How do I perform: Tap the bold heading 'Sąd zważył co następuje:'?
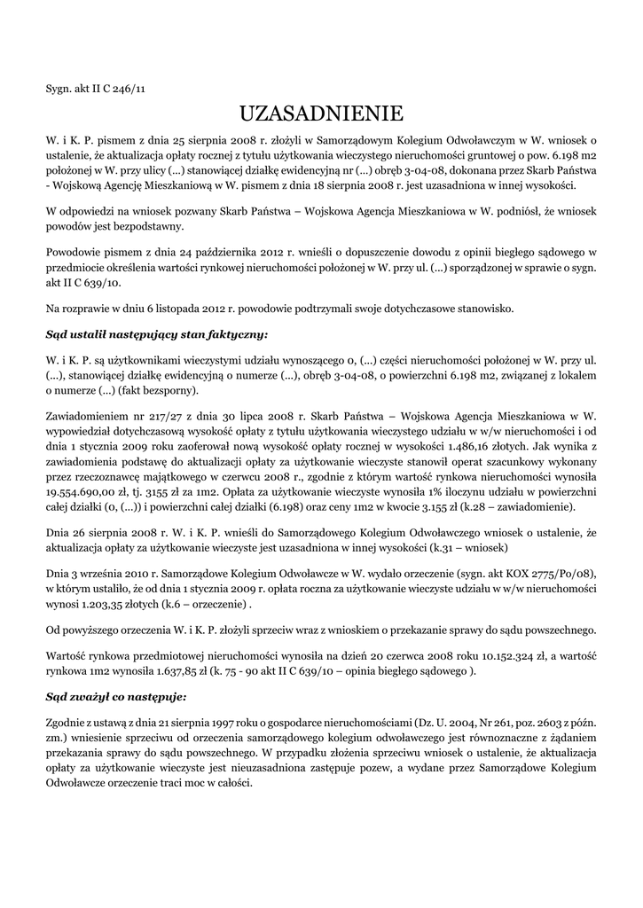click(x=116, y=697)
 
